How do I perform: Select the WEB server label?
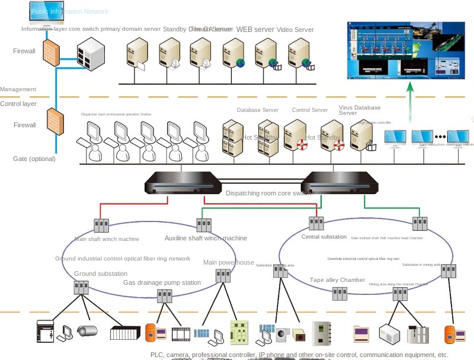tap(255, 30)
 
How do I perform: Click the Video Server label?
tap(295, 30)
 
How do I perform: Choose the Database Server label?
tap(258, 110)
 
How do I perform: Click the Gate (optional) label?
tap(34, 159)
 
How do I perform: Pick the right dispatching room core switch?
tap(340, 182)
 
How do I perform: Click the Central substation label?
tap(324, 237)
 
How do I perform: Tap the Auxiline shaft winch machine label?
tap(206, 238)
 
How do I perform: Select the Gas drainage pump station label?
tap(162, 282)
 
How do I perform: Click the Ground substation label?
tap(101, 274)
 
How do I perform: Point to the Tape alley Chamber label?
tap(337, 280)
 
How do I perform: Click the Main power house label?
tap(229, 262)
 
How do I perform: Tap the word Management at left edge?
tap(18, 89)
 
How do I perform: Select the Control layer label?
tap(18, 104)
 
